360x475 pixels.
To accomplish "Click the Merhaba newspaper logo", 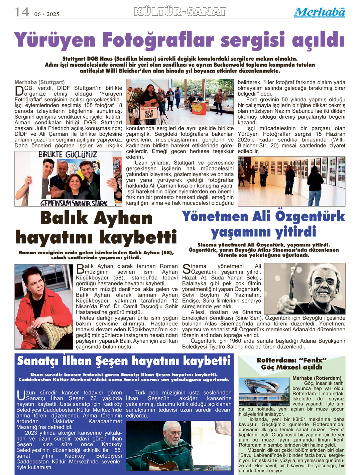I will pyautogui.click(x=320, y=12).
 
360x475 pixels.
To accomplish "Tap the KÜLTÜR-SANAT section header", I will pyautogui.click(x=180, y=12).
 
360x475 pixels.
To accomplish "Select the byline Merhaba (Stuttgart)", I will pyautogui.click(x=40, y=82).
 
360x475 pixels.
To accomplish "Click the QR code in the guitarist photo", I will pyautogui.click(x=149, y=114).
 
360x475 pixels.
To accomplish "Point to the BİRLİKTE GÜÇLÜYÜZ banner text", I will pyautogui.click(x=68, y=155).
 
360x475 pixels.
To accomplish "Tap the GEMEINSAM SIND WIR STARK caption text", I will pyautogui.click(x=74, y=203).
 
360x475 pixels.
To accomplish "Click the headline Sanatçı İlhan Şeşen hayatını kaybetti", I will pyautogui.click(x=124, y=361).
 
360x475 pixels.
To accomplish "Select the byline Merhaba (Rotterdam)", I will pyautogui.click(x=317, y=378).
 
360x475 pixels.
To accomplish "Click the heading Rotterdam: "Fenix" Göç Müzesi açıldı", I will pyautogui.click(x=291, y=364).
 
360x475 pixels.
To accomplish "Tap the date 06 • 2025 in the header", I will pyautogui.click(x=46, y=14).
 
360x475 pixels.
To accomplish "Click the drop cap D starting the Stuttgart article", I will pyautogui.click(x=19, y=91).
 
